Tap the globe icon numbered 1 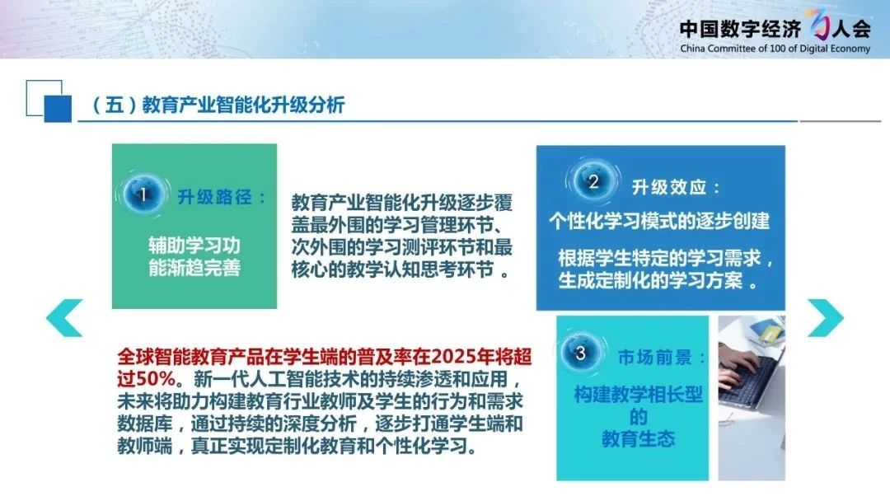(x=143, y=194)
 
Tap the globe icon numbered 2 (x=593, y=181)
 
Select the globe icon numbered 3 (x=580, y=354)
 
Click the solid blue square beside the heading (x=58, y=109)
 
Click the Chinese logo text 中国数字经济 (x=740, y=28)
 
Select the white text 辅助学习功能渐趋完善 (x=194, y=256)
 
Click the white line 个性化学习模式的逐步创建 (x=659, y=221)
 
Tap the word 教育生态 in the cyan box (x=639, y=438)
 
